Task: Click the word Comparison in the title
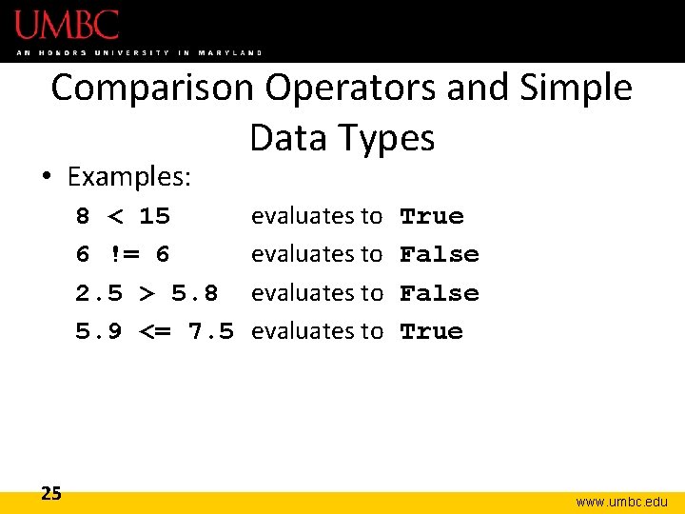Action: coord(153,88)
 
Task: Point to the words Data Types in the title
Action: coord(342,139)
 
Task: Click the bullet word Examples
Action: coord(130,177)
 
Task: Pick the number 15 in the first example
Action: coord(154,216)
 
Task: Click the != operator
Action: coord(123,255)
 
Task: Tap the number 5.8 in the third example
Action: coord(194,293)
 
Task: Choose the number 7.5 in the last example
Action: coord(210,331)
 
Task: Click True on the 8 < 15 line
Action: coord(432,216)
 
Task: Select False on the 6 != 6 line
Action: coord(440,255)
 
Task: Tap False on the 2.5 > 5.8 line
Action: coord(440,293)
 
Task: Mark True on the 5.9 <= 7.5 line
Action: coord(432,331)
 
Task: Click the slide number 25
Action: coord(51,493)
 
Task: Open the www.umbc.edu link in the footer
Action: coord(622,502)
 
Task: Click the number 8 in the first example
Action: coord(83,216)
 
